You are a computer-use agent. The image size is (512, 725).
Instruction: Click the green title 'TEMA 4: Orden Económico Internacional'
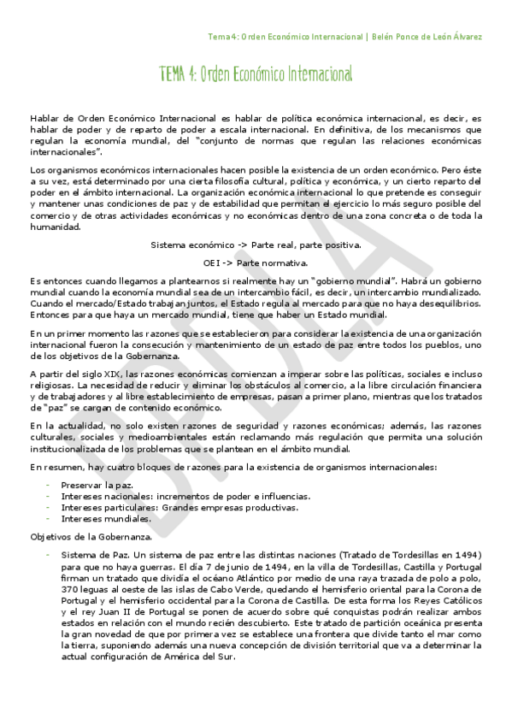coord(256,75)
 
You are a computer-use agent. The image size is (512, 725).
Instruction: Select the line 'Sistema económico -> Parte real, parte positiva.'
coord(256,245)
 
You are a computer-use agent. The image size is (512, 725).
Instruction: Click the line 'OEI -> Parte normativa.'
coord(256,262)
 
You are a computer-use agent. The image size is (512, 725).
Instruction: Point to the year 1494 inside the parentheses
coord(465,554)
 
